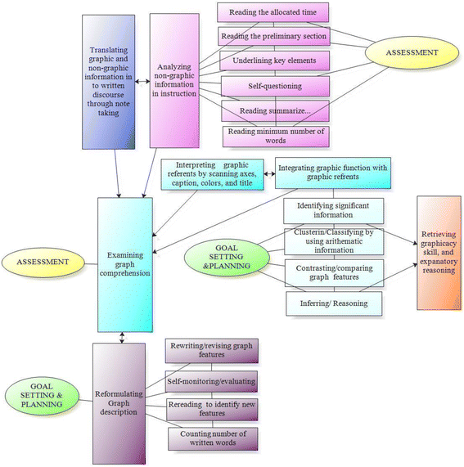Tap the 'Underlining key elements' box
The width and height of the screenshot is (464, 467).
(275, 61)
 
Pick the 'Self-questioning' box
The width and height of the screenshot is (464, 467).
(275, 86)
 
